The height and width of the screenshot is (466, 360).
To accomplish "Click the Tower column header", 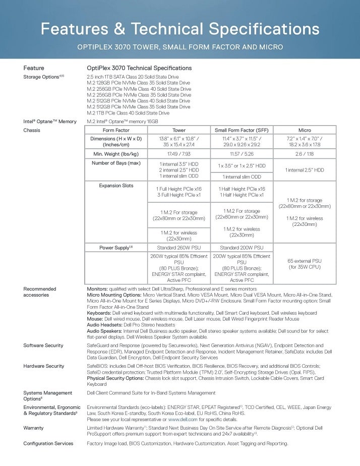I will [x=179, y=130].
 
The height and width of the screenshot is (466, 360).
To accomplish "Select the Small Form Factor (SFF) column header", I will [x=242, y=130].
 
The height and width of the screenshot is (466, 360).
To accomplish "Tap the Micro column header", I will [x=305, y=130].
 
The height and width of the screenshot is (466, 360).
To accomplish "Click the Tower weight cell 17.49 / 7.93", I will [x=179, y=153].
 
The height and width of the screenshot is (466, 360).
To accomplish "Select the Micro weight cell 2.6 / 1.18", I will [x=305, y=153].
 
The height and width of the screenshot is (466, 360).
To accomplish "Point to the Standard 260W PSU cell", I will [x=179, y=247].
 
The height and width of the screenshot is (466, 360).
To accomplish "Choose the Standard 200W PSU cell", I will [x=242, y=247].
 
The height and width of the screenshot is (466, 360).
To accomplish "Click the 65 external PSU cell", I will [x=305, y=263].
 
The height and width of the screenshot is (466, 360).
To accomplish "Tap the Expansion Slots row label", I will [x=116, y=186].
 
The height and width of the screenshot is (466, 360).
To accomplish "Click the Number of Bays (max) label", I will [x=116, y=163].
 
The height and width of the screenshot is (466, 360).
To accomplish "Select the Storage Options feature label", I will [x=43, y=77].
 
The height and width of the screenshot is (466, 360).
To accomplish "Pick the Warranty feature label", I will [x=34, y=427].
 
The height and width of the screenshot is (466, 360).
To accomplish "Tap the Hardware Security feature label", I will [x=44, y=366].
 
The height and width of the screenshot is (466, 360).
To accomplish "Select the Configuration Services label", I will [x=48, y=443].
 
